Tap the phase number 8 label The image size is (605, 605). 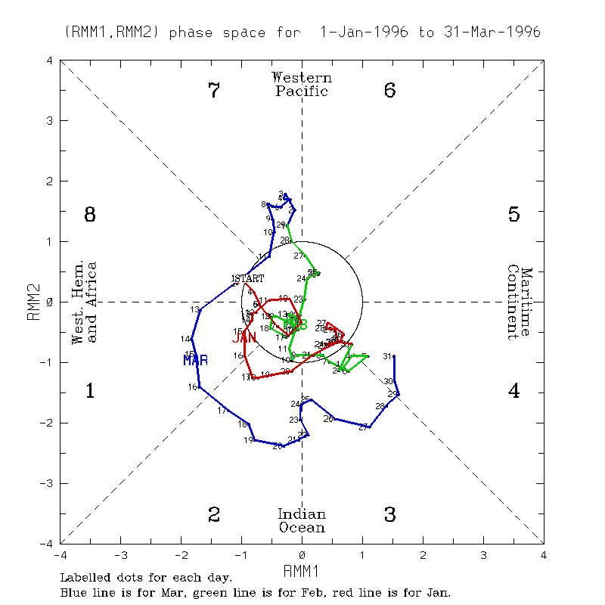pos(89,216)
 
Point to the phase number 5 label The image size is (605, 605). pos(513,216)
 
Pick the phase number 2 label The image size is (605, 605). pos(214,515)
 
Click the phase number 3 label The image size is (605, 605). pos(389,515)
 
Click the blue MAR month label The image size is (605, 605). pos(195,361)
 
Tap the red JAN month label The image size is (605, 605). pos(244,337)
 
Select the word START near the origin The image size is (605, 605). pos(250,278)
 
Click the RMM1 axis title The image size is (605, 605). pos(302,569)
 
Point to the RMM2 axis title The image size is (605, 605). pos(33,302)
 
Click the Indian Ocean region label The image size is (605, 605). pos(302,521)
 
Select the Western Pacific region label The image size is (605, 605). pos(302,84)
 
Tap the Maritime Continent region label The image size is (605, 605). pos(520,302)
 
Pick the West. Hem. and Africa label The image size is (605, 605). pos(84,302)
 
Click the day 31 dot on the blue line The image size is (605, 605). pos(394,356)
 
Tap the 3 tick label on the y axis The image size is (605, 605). pos(50,120)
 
